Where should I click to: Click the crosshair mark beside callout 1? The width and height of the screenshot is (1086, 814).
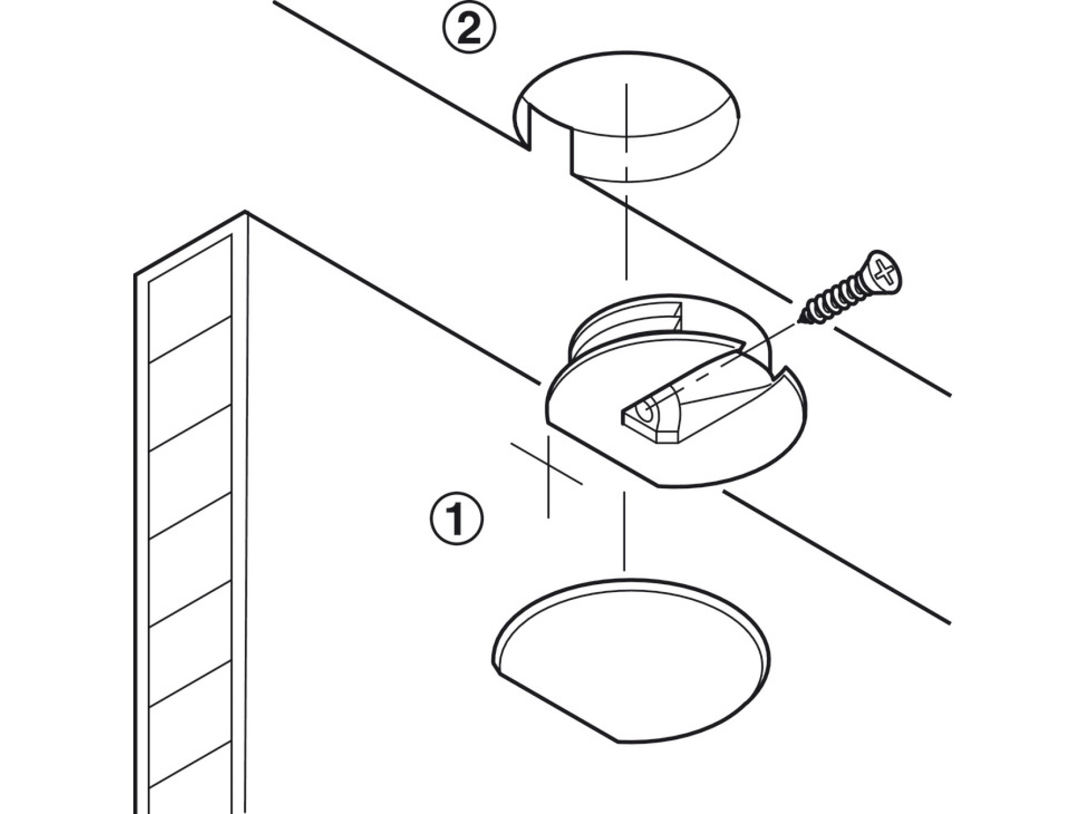[x=547, y=464]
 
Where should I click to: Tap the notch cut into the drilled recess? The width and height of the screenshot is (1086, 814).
[x=550, y=134]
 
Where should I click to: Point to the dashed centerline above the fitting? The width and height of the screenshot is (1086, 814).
[x=626, y=181]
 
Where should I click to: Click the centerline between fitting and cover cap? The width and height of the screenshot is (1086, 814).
[x=624, y=531]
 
